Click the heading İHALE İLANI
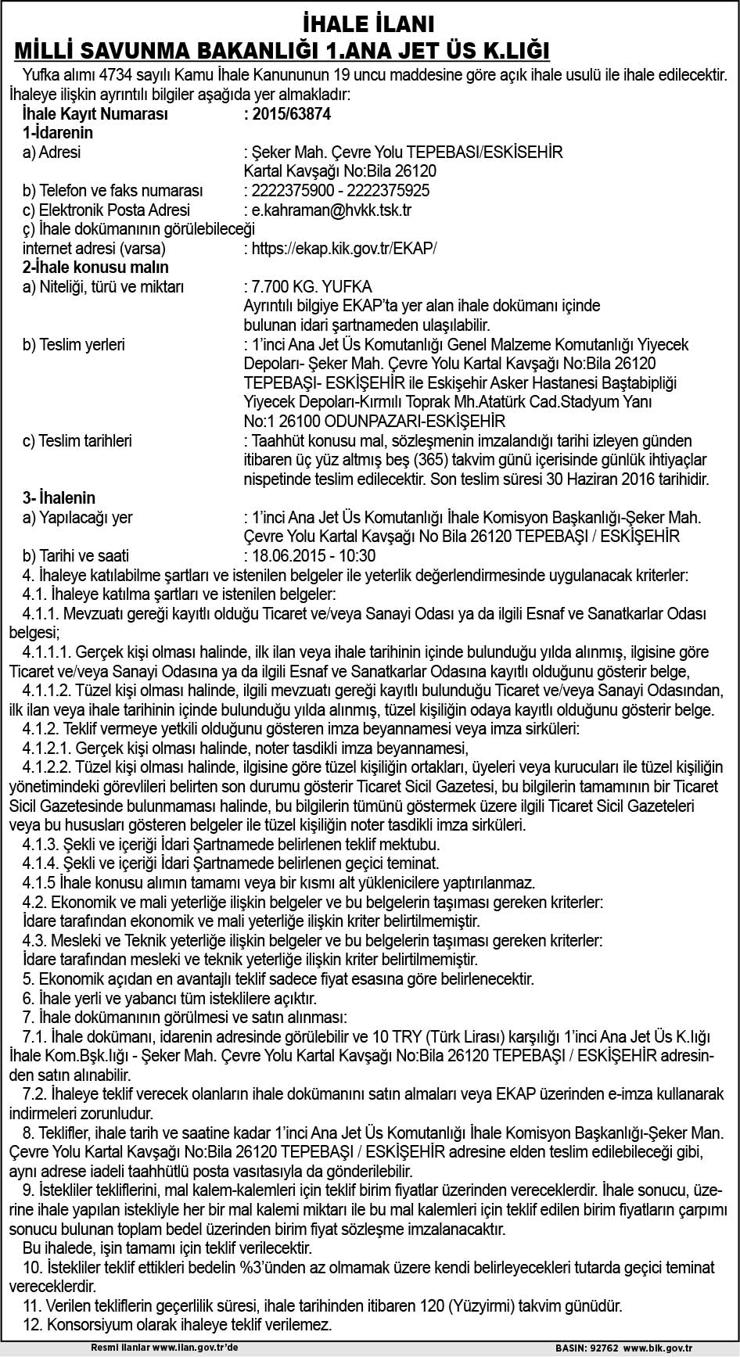368,22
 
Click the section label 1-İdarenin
59,133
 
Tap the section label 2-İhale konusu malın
96,267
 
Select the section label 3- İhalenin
59,498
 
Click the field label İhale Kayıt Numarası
96,113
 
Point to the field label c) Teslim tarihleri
77,441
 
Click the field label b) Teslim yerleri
74,344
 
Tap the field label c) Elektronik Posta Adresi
106,210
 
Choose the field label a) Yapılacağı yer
77,517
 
